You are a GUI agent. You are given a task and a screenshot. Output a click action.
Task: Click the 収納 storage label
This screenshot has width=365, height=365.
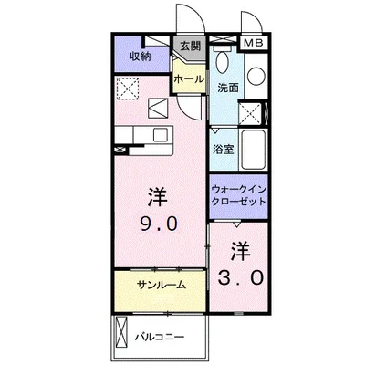pos(139,56)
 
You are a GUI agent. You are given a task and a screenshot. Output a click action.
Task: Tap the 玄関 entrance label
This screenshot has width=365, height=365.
pos(189,46)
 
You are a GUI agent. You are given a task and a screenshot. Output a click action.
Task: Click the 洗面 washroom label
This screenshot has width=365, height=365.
pos(227,89)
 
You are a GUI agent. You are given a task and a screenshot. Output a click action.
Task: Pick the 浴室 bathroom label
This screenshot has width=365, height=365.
pos(223,149)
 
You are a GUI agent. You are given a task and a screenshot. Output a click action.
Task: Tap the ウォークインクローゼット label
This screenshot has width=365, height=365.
pos(238,193)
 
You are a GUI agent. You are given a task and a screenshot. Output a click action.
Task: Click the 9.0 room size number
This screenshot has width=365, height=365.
pos(159,224)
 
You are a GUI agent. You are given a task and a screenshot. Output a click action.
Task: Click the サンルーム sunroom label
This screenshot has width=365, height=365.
pos(162,285)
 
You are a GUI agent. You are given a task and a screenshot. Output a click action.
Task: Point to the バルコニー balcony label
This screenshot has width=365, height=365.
pos(161,338)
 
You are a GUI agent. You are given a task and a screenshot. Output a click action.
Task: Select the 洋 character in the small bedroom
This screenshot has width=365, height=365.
pos(240,248)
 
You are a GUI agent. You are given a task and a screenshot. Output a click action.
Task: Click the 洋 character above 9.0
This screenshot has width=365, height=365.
pos(158,195)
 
